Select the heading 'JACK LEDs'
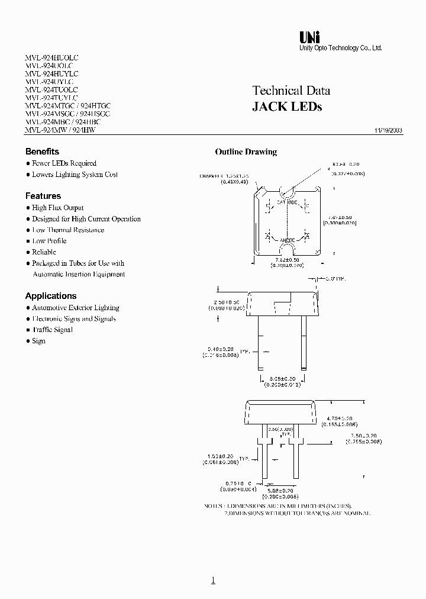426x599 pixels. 287,107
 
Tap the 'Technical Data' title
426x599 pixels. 291,91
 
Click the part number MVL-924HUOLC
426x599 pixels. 51,58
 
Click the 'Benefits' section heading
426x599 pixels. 42,152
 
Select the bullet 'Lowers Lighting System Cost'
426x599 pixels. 75,175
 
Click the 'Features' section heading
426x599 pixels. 43,196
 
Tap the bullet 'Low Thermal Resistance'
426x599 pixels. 68,230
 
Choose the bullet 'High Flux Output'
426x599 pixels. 57,208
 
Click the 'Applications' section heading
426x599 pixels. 51,296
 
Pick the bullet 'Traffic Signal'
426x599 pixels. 52,330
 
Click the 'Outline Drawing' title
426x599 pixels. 246,152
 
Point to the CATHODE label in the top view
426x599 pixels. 287,202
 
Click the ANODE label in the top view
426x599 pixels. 288,241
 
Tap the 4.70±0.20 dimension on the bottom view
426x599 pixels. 340,418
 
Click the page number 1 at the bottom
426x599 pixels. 214,580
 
